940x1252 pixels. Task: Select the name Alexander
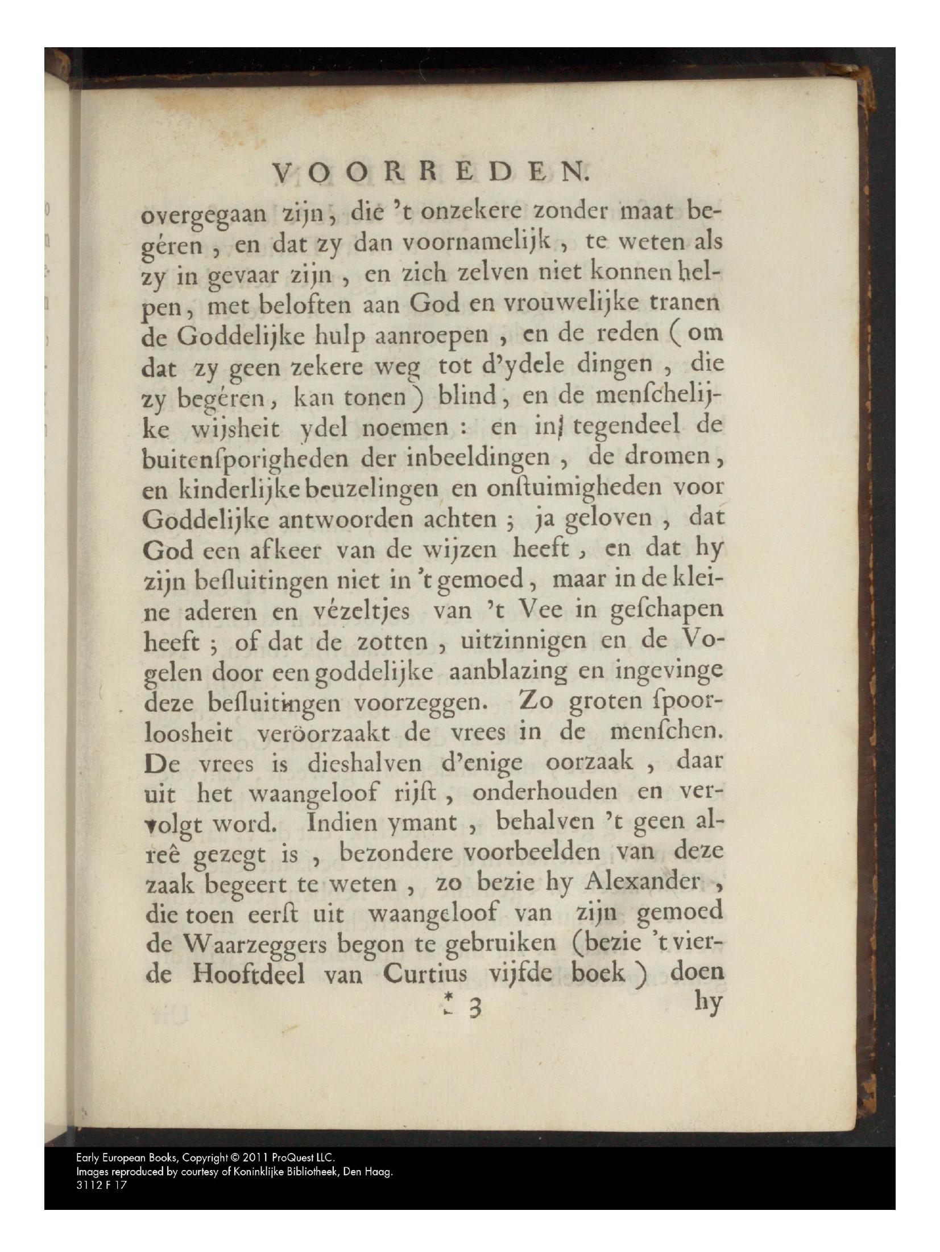(643, 884)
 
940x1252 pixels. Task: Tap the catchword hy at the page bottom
(708, 1003)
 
